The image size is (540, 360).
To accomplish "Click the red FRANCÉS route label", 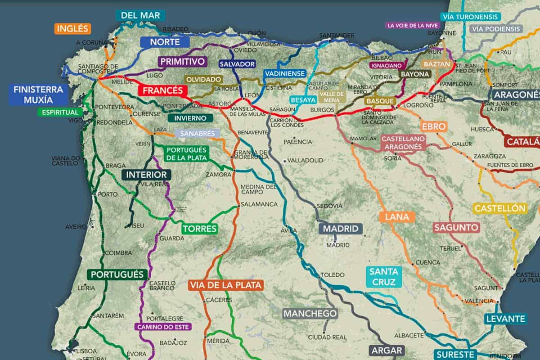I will (x=163, y=90).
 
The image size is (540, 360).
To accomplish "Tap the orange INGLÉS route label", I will (x=73, y=29).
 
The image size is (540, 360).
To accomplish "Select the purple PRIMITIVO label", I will (x=182, y=62).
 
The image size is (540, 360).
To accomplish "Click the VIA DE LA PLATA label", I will (x=225, y=285).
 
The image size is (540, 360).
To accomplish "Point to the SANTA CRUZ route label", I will (x=384, y=277).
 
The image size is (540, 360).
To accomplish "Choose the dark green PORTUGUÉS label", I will (x=117, y=274).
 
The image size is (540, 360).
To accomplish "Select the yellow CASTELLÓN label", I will (x=500, y=208).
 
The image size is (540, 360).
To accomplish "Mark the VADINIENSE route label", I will (x=285, y=73).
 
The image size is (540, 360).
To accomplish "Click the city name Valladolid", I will (x=305, y=160).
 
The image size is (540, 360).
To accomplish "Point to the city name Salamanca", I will (x=259, y=204).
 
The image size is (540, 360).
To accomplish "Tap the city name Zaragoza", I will (x=490, y=156).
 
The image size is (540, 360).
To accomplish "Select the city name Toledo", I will (x=332, y=275).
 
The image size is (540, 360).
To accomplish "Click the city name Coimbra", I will (x=117, y=253).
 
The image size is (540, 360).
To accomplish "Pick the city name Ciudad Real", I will (x=327, y=337).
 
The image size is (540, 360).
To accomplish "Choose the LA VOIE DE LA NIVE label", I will (x=413, y=26).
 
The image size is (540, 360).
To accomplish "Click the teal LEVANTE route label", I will (x=505, y=319).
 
